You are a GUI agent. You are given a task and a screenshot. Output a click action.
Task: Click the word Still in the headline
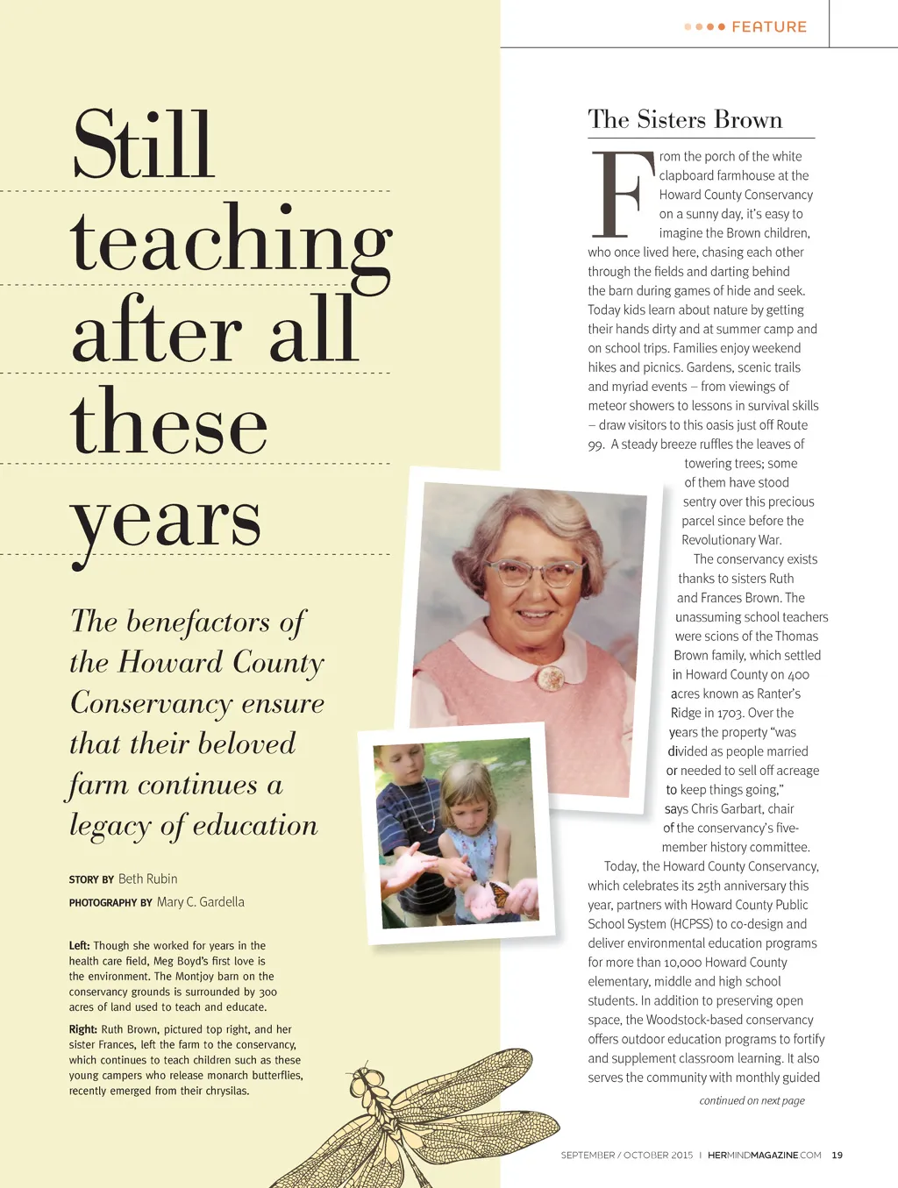[x=143, y=145]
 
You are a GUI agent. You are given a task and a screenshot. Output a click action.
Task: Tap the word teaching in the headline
[x=231, y=241]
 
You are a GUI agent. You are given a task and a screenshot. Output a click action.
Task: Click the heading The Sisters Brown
[x=685, y=119]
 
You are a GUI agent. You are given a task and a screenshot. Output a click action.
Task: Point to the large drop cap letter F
[x=622, y=195]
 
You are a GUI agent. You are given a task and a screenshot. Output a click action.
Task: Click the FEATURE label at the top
[x=768, y=27]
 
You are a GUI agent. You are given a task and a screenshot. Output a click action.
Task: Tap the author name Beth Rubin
[x=147, y=879]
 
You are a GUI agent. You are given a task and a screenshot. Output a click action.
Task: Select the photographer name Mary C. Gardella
[x=200, y=901]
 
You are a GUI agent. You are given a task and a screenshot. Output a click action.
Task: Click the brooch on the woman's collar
[x=551, y=677]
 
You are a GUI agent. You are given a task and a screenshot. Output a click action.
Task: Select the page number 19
[x=837, y=1155]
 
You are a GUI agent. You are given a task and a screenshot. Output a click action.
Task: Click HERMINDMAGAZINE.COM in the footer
[x=764, y=1155]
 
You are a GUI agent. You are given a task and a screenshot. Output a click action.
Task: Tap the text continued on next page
[x=752, y=1100]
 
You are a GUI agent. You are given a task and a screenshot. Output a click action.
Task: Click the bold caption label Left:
[x=79, y=945]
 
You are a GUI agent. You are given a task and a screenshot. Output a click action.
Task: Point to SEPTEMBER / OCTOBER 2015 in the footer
[x=626, y=1155]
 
